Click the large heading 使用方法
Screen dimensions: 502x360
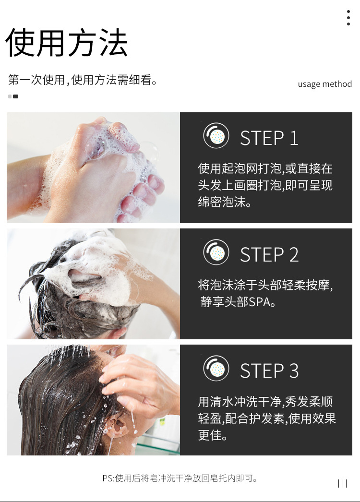[x=67, y=43]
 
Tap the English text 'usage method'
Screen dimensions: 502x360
[x=324, y=84]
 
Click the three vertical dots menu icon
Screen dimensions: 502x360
[x=348, y=17]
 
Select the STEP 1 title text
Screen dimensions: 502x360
[x=269, y=138]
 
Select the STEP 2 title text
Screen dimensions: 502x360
[x=269, y=254]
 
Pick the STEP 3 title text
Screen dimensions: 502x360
[x=269, y=371]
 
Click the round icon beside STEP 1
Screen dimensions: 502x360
[x=216, y=136]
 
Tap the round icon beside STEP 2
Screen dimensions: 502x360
[x=216, y=252]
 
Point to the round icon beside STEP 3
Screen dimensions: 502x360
[x=216, y=369]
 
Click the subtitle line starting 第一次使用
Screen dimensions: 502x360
[x=83, y=80]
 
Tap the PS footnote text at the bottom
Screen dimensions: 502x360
[x=180, y=478]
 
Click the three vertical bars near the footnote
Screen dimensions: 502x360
[x=342, y=483]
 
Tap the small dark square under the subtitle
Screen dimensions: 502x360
[x=16, y=96]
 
